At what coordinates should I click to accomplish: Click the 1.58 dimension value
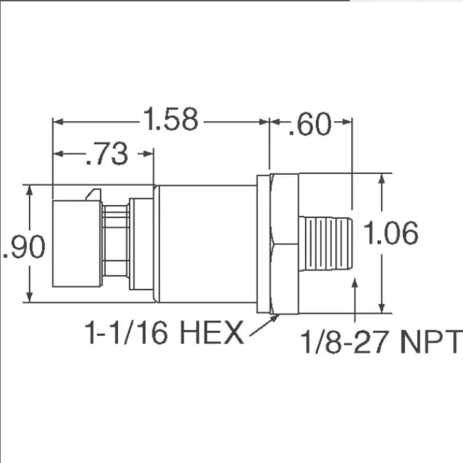click(170, 119)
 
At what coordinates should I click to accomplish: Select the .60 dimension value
click(310, 124)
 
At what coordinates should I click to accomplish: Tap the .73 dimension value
click(107, 154)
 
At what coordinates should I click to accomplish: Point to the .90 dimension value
click(24, 247)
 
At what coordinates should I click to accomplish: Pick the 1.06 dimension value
click(391, 233)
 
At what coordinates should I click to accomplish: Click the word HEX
click(212, 333)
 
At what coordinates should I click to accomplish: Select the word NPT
click(430, 342)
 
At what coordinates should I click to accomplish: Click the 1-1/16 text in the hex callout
click(127, 333)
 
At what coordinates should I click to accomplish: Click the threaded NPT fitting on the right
click(325, 243)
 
